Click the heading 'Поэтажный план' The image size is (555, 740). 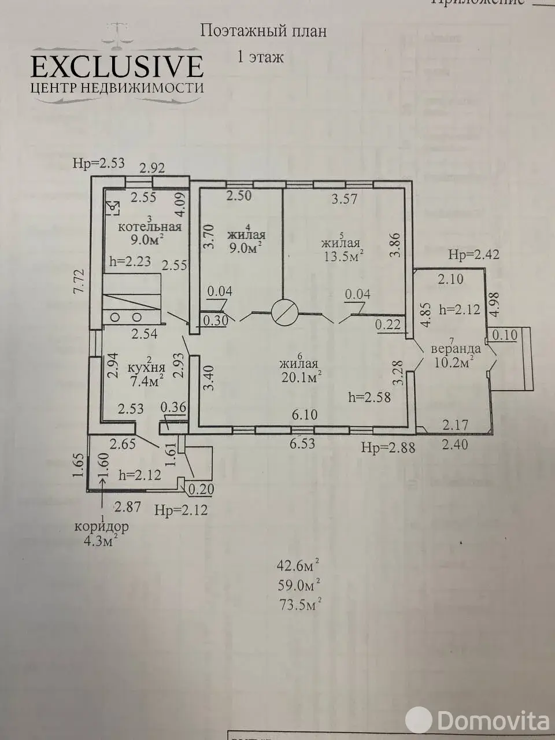tap(263, 31)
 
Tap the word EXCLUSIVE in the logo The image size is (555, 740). tap(117, 66)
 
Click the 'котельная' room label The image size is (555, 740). tap(150, 227)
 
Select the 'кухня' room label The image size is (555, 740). tap(146, 368)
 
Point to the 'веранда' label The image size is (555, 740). tap(456, 349)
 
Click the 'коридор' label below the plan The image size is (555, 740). tap(101, 527)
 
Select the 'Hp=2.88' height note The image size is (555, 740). tap(388, 447)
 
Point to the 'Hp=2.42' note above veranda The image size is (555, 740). tap(474, 254)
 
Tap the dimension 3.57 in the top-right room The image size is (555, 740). tap(343, 200)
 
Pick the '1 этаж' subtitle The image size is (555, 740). tap(260, 57)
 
